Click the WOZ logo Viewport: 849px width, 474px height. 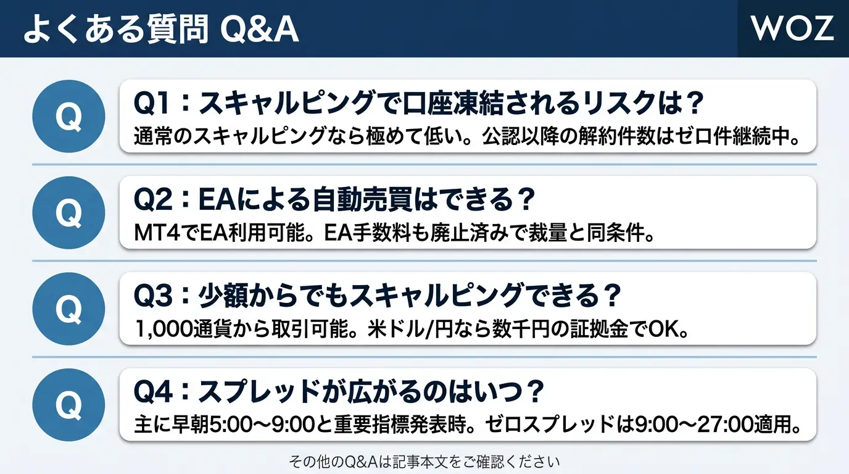(x=792, y=28)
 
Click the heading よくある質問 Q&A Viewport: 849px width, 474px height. (x=161, y=29)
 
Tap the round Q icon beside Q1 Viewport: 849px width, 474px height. (x=68, y=117)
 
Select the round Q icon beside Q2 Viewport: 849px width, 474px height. (x=68, y=212)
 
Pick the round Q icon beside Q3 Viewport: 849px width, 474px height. (x=68, y=309)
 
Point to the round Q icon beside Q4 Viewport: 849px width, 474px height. (x=68, y=405)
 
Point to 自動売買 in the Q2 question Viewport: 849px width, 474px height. (x=362, y=199)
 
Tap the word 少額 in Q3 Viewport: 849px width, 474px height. (x=223, y=296)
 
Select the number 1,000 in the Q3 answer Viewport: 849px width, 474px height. (x=164, y=329)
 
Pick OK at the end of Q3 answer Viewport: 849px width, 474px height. (x=663, y=329)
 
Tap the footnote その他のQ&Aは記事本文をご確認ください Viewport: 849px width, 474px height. (x=424, y=462)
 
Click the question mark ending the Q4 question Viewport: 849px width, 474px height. (x=536, y=392)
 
